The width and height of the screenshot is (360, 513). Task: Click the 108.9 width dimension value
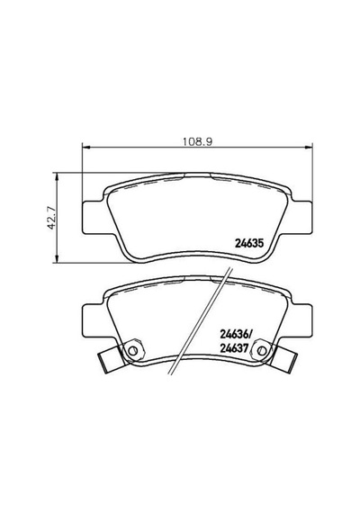click(x=197, y=141)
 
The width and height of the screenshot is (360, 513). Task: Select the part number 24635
click(x=248, y=243)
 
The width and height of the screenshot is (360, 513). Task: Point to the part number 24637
click(x=235, y=348)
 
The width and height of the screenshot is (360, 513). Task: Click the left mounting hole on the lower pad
click(x=132, y=350)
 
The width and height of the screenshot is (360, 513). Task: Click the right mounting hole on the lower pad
click(x=261, y=350)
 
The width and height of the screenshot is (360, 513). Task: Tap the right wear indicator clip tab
click(x=283, y=359)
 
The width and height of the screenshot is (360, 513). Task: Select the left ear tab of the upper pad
click(x=94, y=217)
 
